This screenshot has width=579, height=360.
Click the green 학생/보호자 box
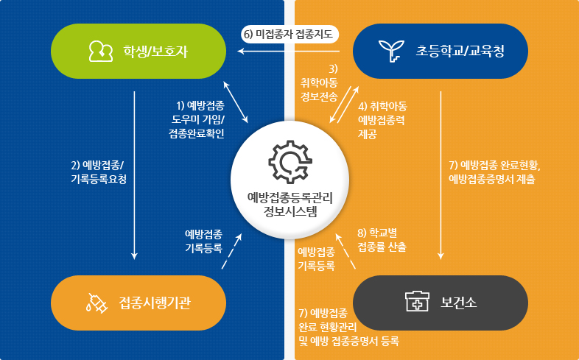click(137, 51)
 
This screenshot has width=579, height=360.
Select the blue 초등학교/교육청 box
click(441, 51)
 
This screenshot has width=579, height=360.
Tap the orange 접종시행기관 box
click(137, 303)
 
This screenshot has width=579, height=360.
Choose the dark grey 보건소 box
click(441, 303)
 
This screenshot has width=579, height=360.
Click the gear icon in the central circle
click(289, 160)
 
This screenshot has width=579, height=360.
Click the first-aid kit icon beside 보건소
click(416, 302)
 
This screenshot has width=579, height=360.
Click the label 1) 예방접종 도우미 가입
click(197, 120)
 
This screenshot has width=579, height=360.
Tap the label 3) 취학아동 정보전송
click(319, 82)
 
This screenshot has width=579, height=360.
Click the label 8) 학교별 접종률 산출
click(381, 240)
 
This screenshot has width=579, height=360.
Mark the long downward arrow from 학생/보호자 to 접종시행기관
click(135, 177)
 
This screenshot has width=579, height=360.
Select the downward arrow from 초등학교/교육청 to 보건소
click(441, 177)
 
